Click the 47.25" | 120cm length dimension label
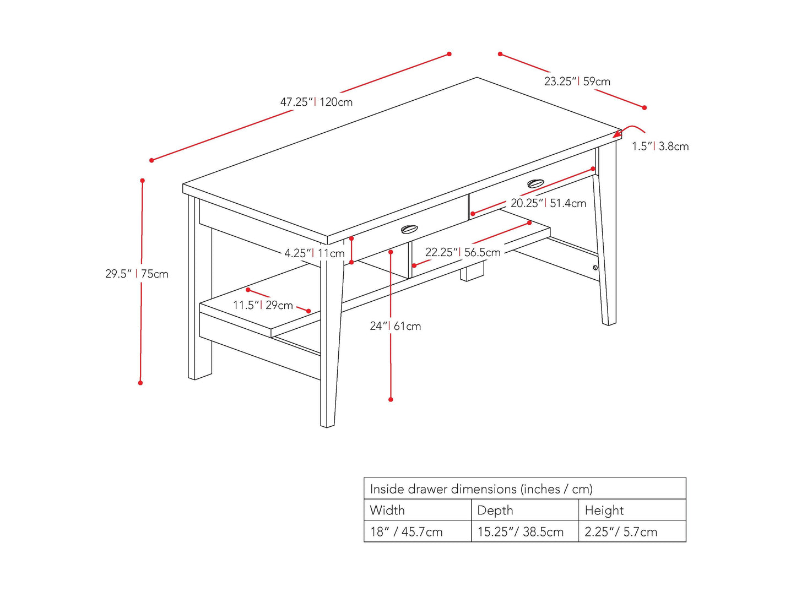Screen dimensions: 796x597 [316, 102]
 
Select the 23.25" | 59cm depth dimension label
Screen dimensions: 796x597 [577, 81]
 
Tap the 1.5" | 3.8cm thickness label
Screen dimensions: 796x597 [660, 146]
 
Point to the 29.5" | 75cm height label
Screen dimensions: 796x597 [137, 274]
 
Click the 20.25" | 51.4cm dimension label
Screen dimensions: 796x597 [548, 203]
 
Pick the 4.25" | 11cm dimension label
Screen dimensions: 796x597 [315, 253]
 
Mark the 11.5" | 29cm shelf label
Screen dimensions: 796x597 [263, 305]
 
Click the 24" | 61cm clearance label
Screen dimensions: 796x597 [396, 326]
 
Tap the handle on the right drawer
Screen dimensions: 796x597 [535, 183]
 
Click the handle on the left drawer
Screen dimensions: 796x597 [409, 229]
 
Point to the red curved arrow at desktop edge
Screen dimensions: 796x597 [629, 132]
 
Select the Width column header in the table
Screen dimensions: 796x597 [387, 511]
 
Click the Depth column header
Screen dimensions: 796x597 [495, 511]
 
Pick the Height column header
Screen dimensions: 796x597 [604, 511]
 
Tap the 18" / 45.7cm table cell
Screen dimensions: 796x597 [406, 532]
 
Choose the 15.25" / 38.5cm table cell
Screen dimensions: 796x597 [521, 532]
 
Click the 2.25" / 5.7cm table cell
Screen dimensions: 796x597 [621, 532]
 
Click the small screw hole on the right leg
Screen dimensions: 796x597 [595, 268]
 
